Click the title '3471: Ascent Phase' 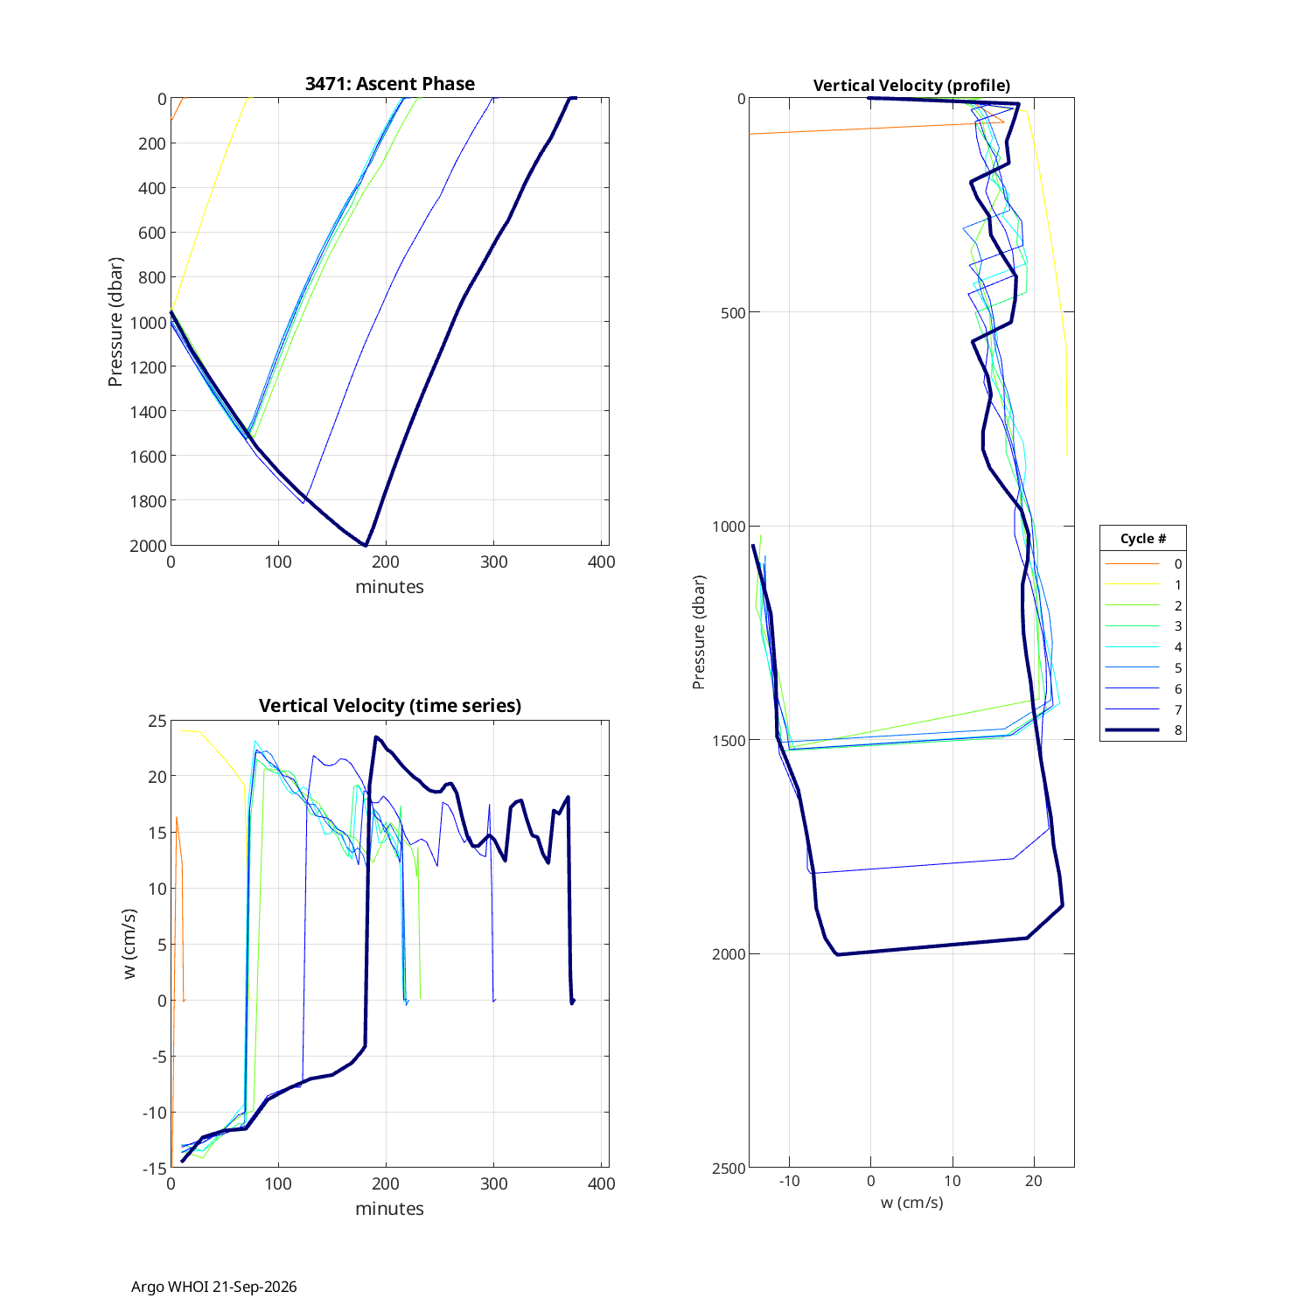(390, 84)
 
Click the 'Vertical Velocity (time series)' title (390, 706)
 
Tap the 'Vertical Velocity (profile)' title (911, 86)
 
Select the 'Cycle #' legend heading (1143, 539)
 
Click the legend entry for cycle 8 (1143, 730)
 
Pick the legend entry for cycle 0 (1143, 564)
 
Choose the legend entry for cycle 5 (1143, 668)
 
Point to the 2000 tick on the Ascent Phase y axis (148, 546)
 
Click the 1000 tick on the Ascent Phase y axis (148, 323)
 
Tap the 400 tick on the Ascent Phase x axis (602, 562)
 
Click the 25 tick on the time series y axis (157, 721)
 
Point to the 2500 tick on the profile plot (729, 1169)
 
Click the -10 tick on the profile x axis (789, 1181)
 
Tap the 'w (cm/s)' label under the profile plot (911, 1203)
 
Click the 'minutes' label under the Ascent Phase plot (389, 587)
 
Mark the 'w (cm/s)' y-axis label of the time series (130, 944)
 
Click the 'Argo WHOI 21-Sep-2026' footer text (214, 1287)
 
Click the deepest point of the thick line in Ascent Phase (366, 546)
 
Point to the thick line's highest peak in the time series (376, 737)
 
